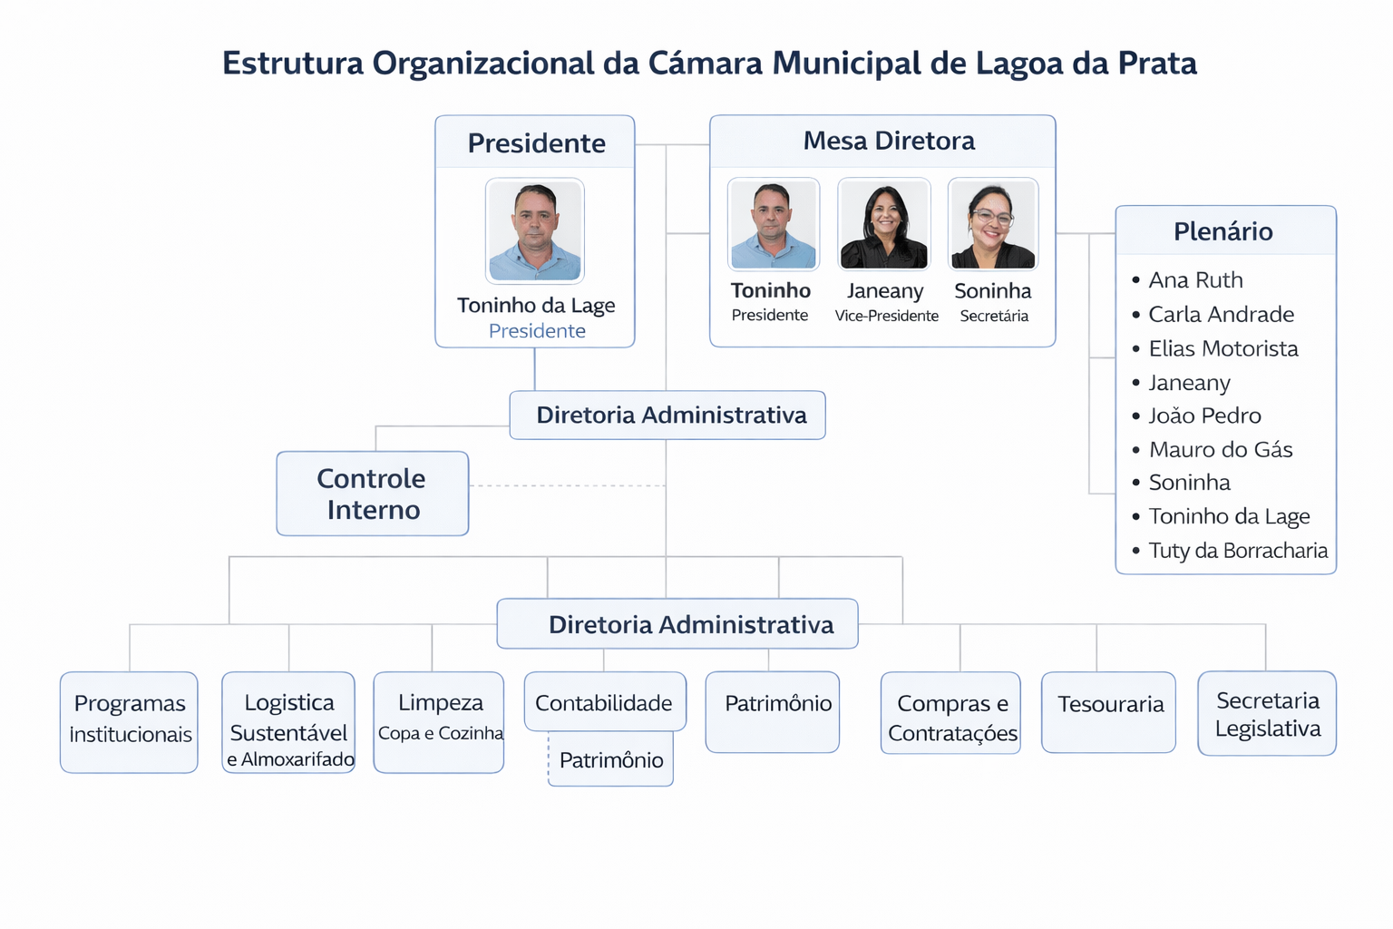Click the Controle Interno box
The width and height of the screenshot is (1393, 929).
point(372,494)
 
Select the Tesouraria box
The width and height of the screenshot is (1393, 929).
point(1108,712)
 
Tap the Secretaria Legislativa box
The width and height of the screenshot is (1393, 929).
point(1267,714)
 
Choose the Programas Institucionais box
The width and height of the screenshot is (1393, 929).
point(129,722)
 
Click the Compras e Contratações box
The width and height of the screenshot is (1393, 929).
point(950,714)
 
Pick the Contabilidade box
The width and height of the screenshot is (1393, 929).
point(604,702)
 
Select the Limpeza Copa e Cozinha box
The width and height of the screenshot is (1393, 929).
point(439,722)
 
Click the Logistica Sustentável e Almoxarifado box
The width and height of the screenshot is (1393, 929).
point(288,722)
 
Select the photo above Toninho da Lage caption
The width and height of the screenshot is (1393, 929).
point(535,231)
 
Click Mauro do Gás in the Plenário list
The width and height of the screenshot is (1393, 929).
point(1220,449)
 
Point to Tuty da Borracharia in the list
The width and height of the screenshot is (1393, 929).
point(1237,551)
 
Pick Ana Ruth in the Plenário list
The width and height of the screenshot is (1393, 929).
point(1195,280)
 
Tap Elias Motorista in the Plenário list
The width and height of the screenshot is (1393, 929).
point(1223,348)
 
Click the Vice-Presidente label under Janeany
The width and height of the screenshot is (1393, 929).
point(886,316)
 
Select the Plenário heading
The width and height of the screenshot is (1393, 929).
point(1223,231)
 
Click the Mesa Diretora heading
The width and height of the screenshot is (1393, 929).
point(889,141)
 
